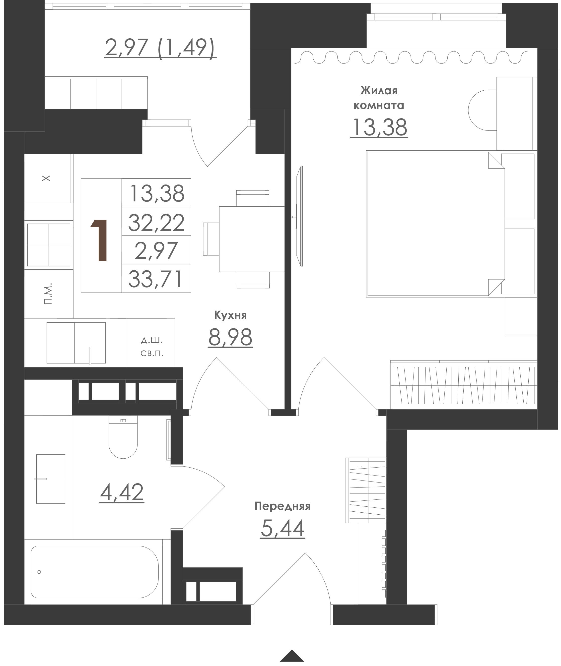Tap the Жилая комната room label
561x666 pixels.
click(x=379, y=98)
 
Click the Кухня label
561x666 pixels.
click(x=231, y=315)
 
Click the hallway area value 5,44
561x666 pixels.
click(x=282, y=528)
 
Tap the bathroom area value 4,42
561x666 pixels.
click(x=122, y=492)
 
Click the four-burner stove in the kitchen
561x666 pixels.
click(x=49, y=245)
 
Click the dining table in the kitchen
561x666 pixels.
click(x=252, y=239)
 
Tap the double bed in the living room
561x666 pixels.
click(x=435, y=224)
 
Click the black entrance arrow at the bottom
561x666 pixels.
click(x=292, y=656)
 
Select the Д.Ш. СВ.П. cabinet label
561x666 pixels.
click(x=152, y=347)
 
